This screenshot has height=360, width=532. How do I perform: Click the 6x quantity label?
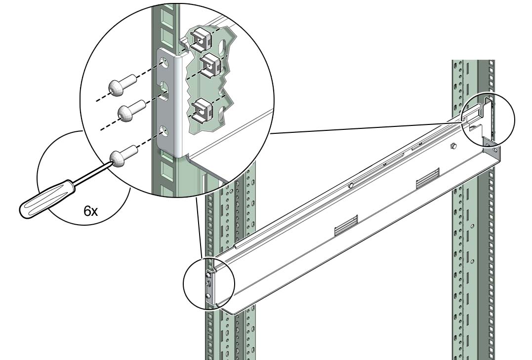[x=90, y=212]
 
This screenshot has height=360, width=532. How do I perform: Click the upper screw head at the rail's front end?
[x=207, y=274]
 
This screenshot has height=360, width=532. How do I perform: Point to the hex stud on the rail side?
[x=452, y=147]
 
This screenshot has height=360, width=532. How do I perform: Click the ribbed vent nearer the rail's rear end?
[x=428, y=177]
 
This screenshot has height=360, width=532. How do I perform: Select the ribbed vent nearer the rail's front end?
[x=346, y=225]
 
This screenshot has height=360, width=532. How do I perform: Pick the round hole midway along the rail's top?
[x=352, y=185]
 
